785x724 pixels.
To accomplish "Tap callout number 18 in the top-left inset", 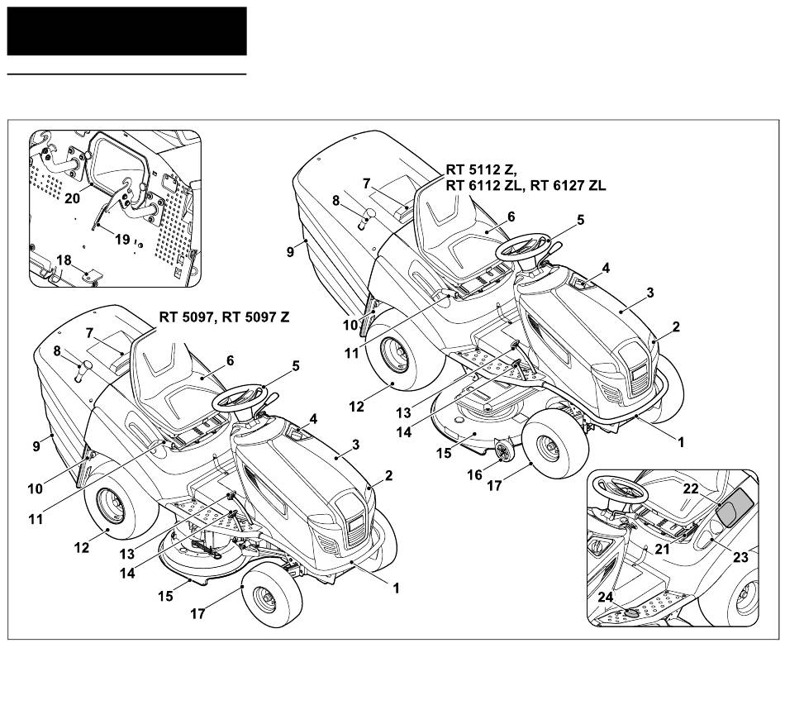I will click(64, 260).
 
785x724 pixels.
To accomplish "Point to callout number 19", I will click(122, 241).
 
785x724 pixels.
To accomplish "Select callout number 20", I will click(73, 198).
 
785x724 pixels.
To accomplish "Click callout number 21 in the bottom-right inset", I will click(662, 549).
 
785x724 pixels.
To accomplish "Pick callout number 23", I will click(740, 557).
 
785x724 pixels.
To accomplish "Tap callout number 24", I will click(607, 597).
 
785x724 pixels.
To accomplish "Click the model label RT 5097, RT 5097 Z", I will click(223, 316).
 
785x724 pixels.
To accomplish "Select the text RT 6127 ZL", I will click(568, 186).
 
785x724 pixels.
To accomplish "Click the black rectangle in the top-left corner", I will click(127, 31).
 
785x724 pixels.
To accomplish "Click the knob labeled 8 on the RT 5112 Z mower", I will click(365, 218).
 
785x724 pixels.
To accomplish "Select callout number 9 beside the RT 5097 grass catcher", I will click(36, 446).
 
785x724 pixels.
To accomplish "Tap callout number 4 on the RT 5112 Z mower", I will click(606, 268).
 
